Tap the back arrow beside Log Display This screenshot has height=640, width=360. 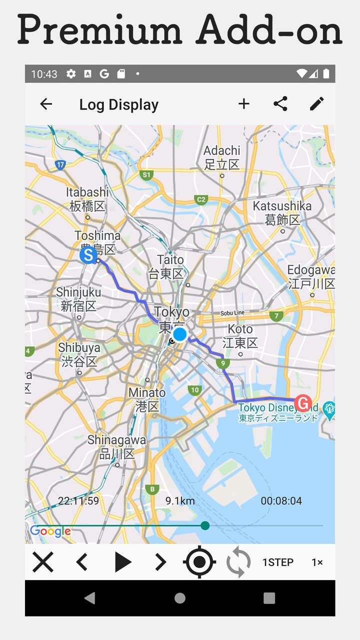[x=46, y=104]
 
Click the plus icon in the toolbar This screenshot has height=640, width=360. [x=243, y=104]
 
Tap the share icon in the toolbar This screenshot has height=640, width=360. [x=280, y=104]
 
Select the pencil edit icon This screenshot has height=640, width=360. [x=316, y=104]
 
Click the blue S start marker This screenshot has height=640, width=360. [x=88, y=255]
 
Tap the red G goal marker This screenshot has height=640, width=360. [x=302, y=402]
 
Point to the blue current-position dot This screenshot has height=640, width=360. [x=179, y=334]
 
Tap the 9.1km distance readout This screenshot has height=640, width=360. [x=180, y=501]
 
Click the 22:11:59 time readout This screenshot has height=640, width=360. [x=78, y=501]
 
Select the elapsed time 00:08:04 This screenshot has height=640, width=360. [x=281, y=501]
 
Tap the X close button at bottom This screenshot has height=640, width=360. [x=43, y=562]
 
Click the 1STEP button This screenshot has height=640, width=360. [x=277, y=562]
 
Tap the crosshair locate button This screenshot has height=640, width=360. [x=199, y=562]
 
